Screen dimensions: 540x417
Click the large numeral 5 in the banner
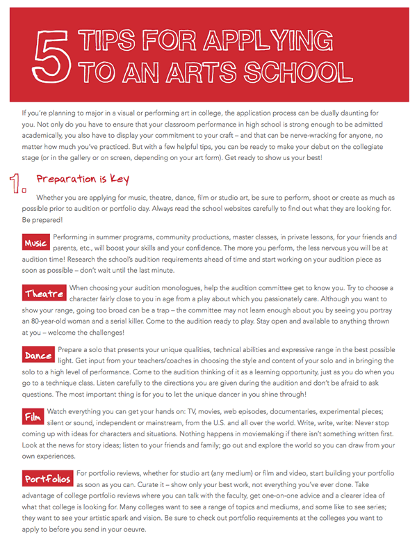51,56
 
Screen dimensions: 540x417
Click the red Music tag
35,243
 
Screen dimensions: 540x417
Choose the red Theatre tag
44,293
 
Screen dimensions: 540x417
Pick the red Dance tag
39,356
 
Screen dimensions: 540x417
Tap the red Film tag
33,418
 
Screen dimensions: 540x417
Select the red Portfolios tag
47,479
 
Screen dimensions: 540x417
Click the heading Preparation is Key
83,180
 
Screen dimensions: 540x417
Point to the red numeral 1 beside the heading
19,184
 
